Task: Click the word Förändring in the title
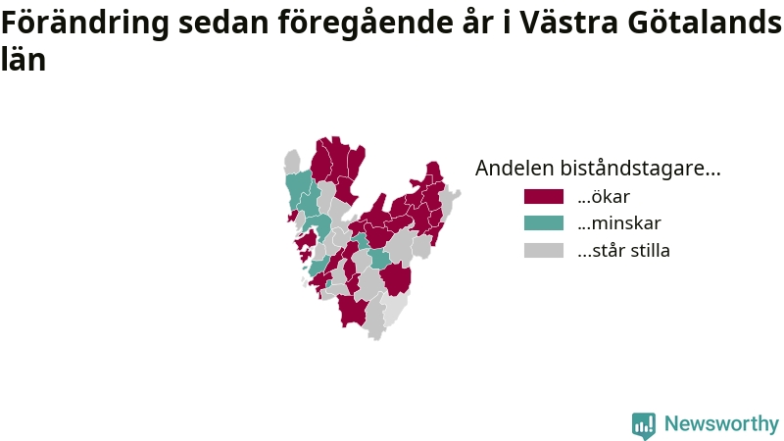[x=85, y=24]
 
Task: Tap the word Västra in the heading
[x=568, y=23]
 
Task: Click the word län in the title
[x=24, y=59]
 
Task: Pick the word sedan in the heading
[x=224, y=23]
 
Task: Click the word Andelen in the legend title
[x=514, y=168]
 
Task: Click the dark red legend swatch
[x=544, y=197]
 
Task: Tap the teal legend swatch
[x=544, y=223]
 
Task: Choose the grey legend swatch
[x=544, y=250]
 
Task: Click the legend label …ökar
[x=604, y=197]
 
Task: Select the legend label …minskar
[x=619, y=223]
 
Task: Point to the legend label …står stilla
[x=623, y=250]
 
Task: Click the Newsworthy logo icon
[x=644, y=425]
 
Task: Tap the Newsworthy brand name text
[x=721, y=424]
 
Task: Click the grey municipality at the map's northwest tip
[x=292, y=162]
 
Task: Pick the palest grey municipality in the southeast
[x=396, y=309]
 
